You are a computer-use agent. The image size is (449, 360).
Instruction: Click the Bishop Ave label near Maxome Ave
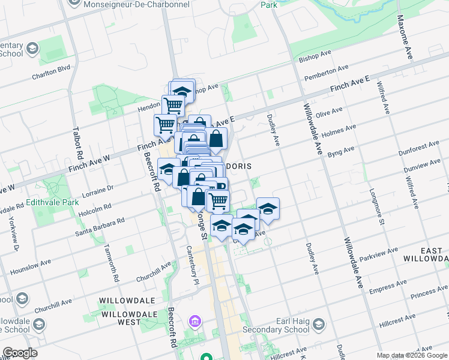coord(315,57)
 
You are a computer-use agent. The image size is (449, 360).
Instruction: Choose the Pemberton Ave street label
coord(327,73)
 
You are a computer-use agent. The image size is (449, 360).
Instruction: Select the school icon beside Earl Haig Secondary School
coord(319,326)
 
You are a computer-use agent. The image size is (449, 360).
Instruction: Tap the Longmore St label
coord(380,209)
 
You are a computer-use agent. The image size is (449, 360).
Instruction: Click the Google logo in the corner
coord(20,353)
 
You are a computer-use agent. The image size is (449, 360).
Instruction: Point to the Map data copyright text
coord(412,356)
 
